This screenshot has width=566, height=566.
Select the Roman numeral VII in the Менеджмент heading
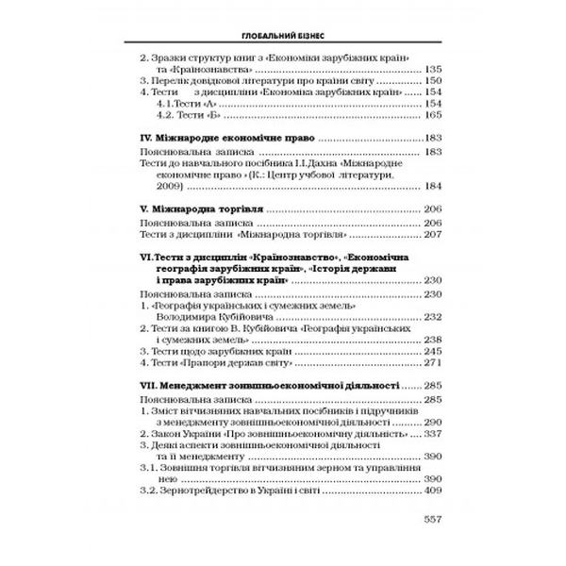point(136,386)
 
